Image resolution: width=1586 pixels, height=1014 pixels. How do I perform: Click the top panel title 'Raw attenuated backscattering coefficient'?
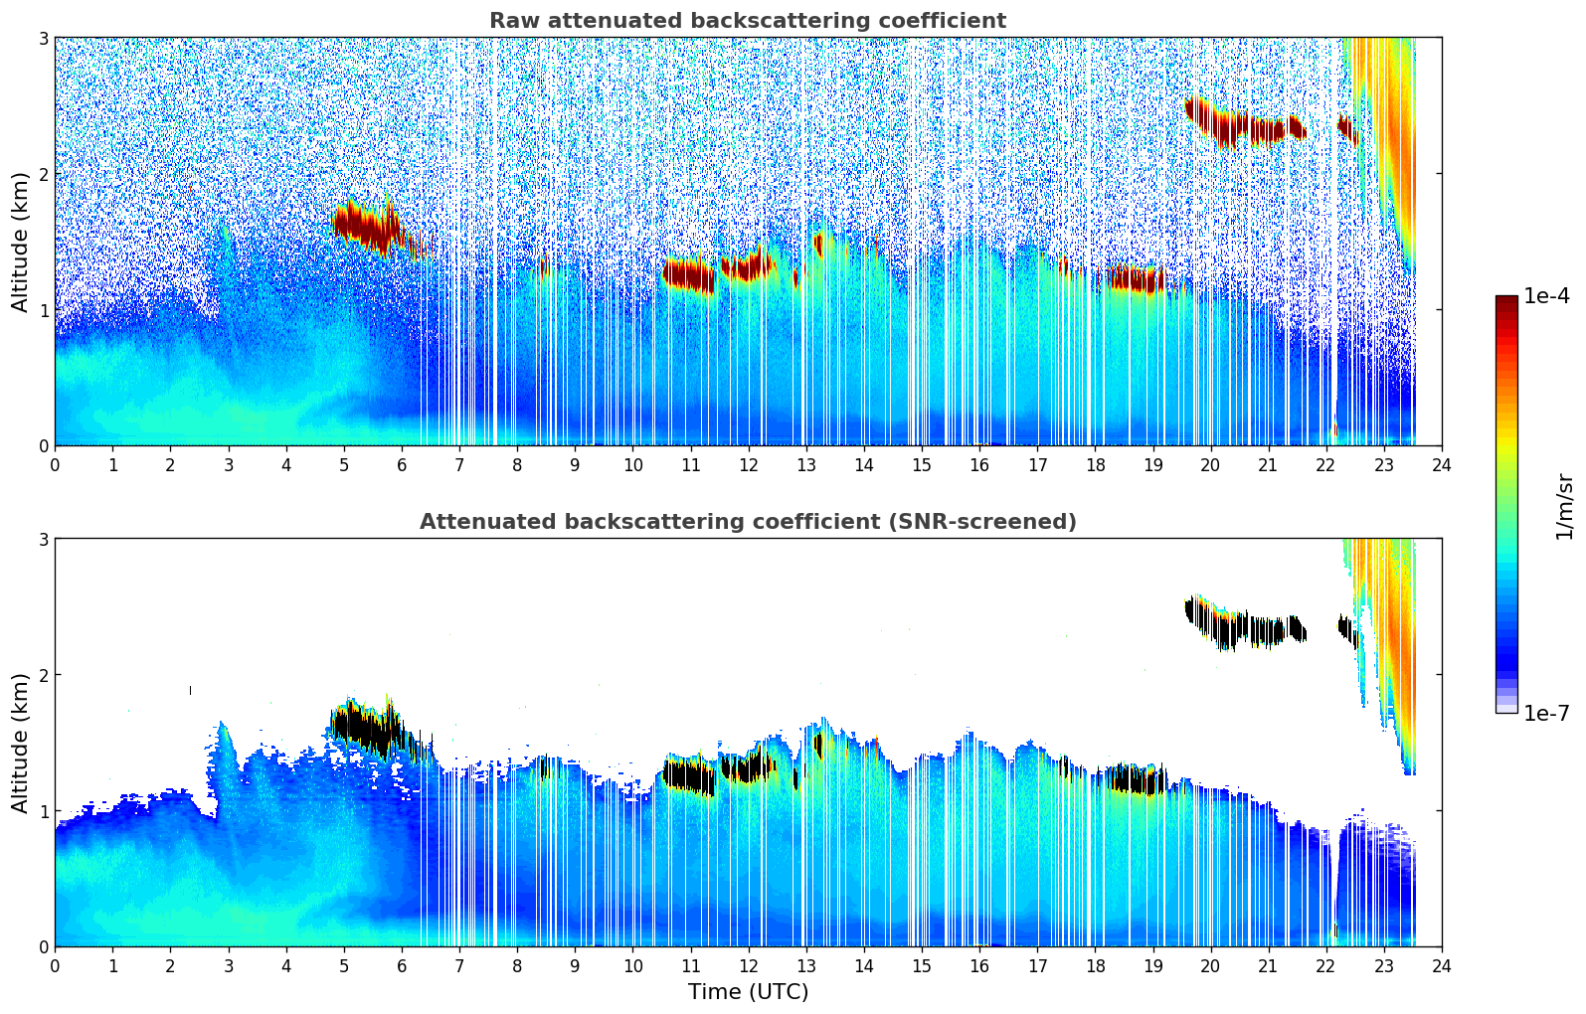(x=747, y=21)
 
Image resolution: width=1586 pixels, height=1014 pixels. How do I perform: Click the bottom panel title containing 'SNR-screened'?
(x=747, y=522)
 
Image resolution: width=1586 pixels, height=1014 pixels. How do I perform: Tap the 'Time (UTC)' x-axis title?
(x=748, y=992)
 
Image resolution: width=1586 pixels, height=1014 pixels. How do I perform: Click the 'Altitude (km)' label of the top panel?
(x=21, y=242)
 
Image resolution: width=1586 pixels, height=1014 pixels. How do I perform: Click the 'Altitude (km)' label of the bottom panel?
(x=21, y=743)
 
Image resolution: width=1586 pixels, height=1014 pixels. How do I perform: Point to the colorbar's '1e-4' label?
(x=1546, y=296)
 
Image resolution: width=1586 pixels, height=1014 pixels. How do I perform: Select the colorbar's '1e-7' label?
(x=1546, y=713)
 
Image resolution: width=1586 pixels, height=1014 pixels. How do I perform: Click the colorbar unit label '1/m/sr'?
(x=1564, y=506)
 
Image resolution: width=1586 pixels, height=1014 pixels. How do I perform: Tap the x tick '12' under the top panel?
(x=748, y=464)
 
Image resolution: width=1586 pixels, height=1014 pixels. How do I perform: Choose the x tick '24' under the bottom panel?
(x=1441, y=965)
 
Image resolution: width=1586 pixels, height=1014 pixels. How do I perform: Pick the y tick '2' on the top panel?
(x=43, y=174)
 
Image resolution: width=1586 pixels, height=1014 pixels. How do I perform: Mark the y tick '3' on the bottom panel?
(x=43, y=539)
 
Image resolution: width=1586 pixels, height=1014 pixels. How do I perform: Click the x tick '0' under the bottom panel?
(x=55, y=965)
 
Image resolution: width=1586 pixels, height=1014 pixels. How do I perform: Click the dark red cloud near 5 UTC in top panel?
(x=365, y=228)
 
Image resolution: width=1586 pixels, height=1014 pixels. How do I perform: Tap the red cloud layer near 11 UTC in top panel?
(x=688, y=275)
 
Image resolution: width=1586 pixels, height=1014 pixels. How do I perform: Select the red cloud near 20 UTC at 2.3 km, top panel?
(x=1233, y=127)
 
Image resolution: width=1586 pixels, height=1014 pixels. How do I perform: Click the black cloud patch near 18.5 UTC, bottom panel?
(x=1134, y=780)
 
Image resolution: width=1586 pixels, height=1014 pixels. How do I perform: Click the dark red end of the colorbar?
(x=1506, y=302)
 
